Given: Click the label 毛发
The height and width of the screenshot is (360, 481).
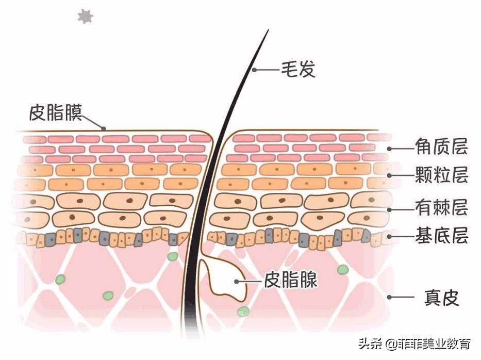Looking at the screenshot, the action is [297, 69].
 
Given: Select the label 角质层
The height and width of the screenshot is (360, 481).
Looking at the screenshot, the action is [441, 148].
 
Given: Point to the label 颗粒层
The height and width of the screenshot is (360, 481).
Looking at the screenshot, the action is [441, 175].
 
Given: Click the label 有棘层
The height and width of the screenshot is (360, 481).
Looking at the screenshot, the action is [441, 208].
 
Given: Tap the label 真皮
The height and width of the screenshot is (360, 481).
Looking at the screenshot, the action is [441, 297].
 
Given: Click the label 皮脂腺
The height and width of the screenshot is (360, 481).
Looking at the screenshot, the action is [290, 281].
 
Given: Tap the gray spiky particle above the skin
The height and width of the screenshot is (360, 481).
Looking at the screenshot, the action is [85, 17].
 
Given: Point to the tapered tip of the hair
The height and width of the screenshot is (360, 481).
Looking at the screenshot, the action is [268, 31].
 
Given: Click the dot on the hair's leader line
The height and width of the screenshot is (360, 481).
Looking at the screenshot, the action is [253, 70].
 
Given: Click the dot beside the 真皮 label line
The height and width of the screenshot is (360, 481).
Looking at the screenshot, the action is [390, 297].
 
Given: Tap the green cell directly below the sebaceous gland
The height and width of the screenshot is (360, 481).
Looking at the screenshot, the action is [243, 312].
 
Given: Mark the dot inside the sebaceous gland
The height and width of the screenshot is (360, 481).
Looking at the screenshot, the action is [236, 281].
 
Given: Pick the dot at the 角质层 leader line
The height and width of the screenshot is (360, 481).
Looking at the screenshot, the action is [390, 148].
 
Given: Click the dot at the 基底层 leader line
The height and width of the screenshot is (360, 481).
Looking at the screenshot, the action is [390, 237].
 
